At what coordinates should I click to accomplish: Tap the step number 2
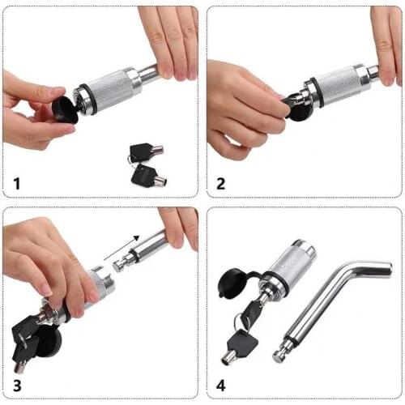(x=221, y=181)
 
